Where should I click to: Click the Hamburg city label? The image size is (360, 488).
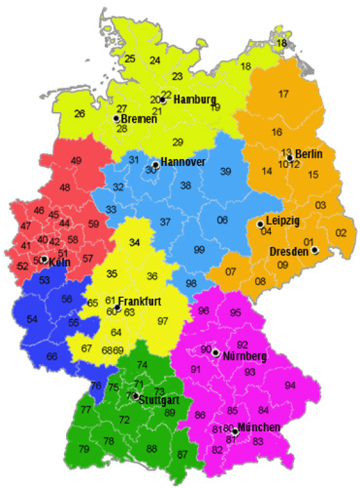tap(195, 99)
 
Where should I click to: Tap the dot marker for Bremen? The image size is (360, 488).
tap(116, 118)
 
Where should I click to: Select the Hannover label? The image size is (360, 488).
tap(183, 162)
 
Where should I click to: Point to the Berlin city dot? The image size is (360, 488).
tap(289, 158)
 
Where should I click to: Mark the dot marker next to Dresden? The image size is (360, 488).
tap(314, 250)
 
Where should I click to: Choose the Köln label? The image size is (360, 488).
tap(59, 262)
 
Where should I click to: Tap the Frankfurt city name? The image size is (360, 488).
tap(139, 301)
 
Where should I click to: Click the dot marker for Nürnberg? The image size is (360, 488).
tap(215, 352)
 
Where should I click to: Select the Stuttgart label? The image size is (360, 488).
tap(158, 400)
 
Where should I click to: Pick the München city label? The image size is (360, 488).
tap(258, 428)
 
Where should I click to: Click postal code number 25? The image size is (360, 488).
tap(130, 59)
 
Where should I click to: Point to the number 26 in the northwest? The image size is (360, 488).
tap(80, 114)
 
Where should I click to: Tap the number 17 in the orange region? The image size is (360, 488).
tap(283, 94)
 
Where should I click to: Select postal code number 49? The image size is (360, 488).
tap(76, 161)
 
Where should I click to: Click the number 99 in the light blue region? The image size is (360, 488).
tap(199, 250)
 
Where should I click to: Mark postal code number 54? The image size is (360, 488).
tap(32, 319)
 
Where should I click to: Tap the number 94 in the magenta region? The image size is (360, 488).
tap(290, 385)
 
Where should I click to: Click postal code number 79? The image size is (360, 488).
tap(84, 449)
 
